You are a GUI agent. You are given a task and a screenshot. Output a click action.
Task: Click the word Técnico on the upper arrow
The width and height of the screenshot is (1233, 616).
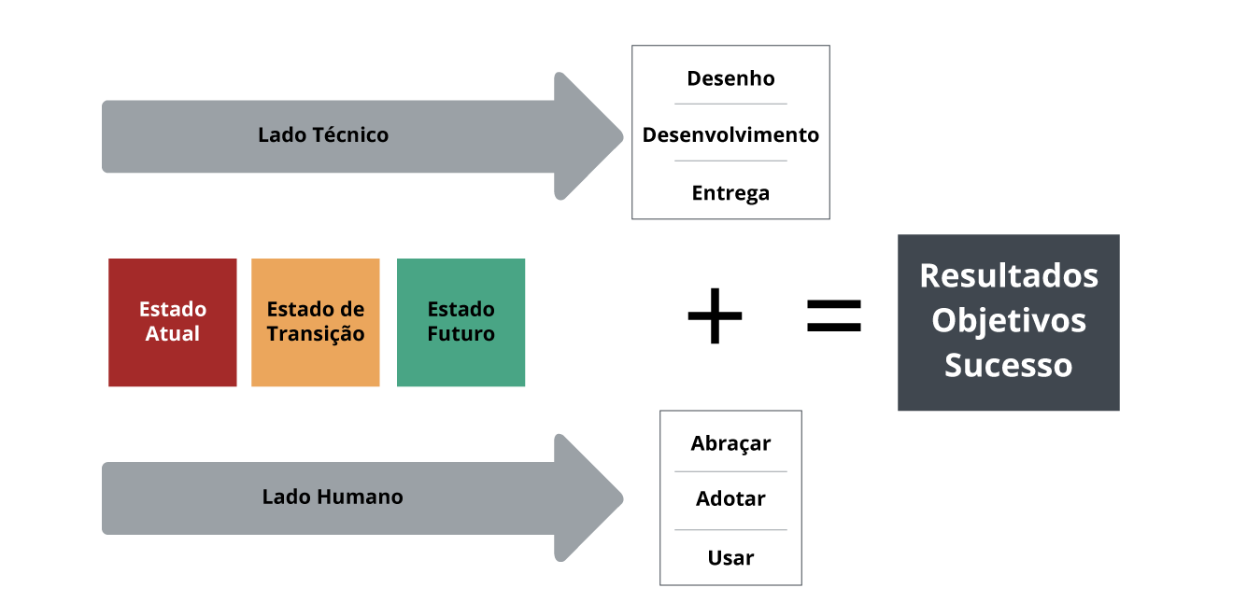(350, 135)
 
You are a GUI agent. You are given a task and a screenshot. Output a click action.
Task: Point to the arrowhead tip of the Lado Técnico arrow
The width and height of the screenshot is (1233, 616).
(621, 136)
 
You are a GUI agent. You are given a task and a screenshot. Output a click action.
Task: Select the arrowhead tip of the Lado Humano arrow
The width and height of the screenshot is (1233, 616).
(621, 498)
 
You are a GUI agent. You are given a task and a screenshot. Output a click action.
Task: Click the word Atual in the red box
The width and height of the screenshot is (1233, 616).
(173, 334)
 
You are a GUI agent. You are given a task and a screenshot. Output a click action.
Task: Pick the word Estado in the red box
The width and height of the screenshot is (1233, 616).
(173, 309)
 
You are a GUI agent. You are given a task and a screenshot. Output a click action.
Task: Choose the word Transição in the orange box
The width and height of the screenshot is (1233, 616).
(316, 334)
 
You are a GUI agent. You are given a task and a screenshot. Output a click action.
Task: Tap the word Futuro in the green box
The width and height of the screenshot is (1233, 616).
(461, 334)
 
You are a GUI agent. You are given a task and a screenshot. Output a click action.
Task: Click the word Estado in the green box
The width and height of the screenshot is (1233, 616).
(461, 309)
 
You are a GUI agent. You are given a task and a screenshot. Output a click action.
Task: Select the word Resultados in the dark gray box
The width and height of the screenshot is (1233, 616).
(1009, 275)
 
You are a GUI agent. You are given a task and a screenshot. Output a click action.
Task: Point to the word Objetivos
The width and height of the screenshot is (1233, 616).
(1009, 320)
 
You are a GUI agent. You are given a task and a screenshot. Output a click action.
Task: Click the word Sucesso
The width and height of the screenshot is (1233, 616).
(1009, 365)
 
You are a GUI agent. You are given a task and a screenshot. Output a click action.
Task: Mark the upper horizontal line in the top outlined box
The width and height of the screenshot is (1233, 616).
(730, 104)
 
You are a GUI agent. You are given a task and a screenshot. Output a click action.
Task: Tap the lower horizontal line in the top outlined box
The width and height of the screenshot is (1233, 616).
(730, 161)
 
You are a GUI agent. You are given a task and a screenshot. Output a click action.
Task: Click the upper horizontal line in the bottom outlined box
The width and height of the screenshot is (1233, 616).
(730, 471)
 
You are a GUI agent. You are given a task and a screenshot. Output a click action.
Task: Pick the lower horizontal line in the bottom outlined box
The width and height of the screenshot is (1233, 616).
(730, 530)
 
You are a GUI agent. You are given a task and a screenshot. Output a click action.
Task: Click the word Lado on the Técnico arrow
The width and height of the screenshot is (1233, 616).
(281, 135)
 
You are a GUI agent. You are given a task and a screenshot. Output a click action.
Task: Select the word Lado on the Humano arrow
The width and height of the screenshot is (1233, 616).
(285, 497)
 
